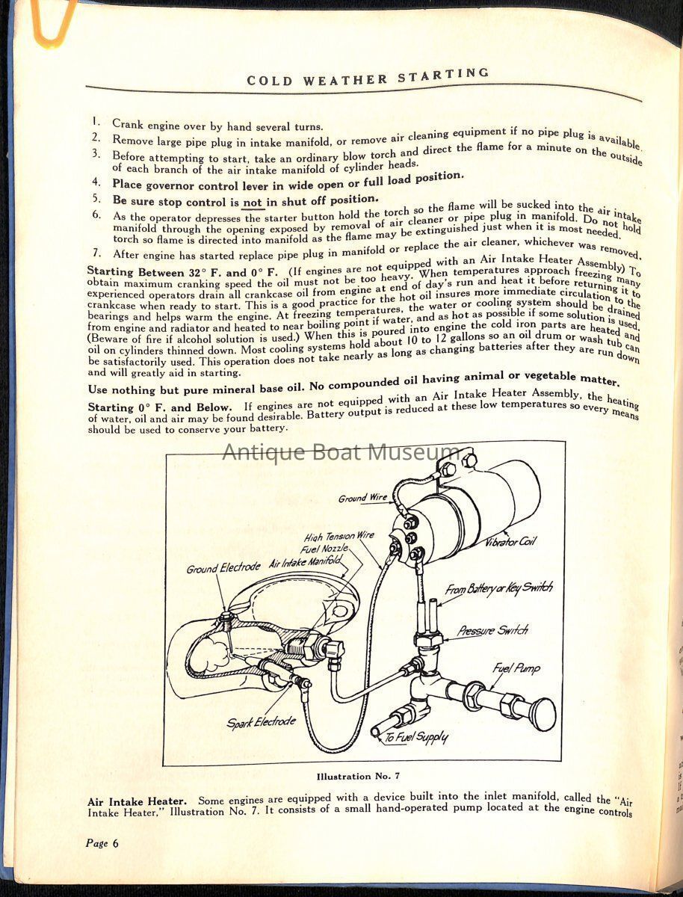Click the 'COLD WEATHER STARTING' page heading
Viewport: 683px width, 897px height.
click(x=368, y=76)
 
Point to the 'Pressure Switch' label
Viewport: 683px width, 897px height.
click(x=492, y=631)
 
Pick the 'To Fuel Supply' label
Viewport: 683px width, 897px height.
click(x=416, y=738)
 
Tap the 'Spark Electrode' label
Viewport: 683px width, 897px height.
click(x=262, y=723)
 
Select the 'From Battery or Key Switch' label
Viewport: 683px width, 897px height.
click(x=499, y=589)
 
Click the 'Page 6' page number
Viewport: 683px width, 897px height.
click(x=102, y=843)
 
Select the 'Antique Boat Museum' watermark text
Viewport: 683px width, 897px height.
click(x=341, y=452)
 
